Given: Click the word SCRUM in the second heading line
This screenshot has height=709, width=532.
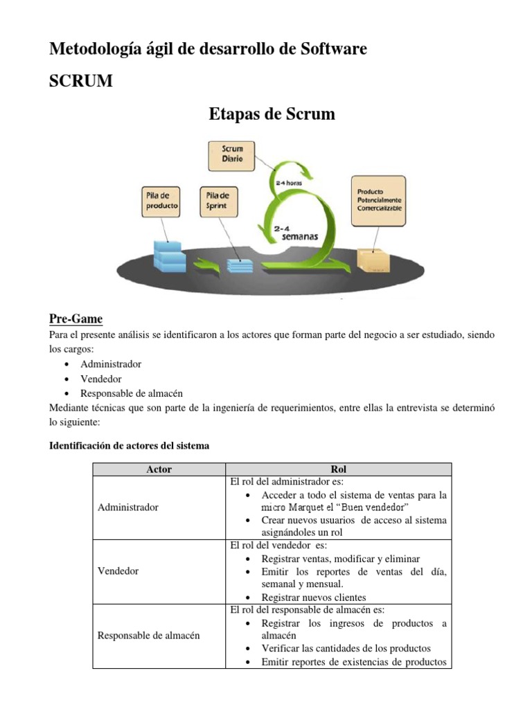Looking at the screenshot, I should [x=80, y=82].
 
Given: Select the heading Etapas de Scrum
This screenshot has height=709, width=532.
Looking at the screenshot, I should [x=272, y=114].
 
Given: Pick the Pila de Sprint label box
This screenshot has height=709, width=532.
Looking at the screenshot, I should [x=217, y=200].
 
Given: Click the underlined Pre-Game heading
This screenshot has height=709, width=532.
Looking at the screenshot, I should [x=76, y=319].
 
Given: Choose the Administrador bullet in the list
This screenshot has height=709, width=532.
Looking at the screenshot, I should [x=111, y=364].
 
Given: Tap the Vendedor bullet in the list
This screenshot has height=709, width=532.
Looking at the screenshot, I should [x=100, y=379].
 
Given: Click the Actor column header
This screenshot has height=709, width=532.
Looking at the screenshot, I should [x=159, y=469].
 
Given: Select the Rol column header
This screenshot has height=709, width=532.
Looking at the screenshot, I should [x=339, y=469].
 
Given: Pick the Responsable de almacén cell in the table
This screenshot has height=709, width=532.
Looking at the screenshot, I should [x=149, y=635].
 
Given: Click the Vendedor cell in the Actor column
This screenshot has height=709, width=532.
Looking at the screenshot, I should [x=118, y=571].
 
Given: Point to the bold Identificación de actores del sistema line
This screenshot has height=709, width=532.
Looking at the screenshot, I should [x=129, y=446].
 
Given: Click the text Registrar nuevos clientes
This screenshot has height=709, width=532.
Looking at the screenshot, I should [x=314, y=597].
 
